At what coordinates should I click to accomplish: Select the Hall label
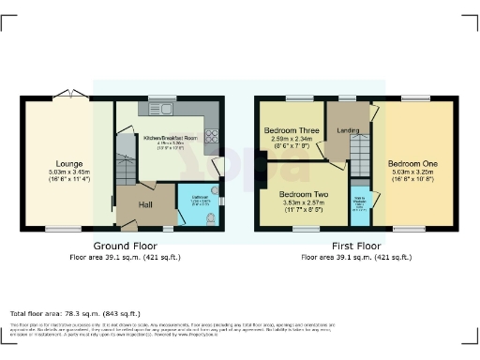tap(147, 203)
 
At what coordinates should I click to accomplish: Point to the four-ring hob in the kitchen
tap(213, 133)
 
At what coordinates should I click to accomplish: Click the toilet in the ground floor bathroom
tap(208, 217)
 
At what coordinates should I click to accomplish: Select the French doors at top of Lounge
tap(68, 93)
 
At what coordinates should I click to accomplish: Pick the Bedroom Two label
tap(302, 195)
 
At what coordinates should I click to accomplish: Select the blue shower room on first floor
tap(360, 204)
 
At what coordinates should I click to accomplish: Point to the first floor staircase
tap(360, 150)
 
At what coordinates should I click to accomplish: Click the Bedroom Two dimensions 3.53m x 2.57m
tap(302, 203)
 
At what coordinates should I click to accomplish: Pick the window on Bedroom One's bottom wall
tap(409, 229)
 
